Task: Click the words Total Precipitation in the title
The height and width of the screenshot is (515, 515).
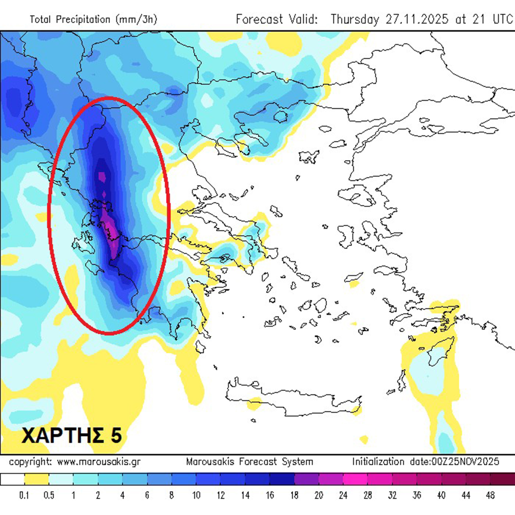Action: [70, 19]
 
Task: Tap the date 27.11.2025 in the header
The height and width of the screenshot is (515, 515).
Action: [417, 19]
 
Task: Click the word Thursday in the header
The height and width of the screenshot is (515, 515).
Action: [355, 19]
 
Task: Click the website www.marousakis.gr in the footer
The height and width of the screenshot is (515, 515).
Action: [99, 462]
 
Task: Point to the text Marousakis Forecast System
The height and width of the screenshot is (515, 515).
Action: [249, 462]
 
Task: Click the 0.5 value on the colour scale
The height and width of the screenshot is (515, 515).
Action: [49, 495]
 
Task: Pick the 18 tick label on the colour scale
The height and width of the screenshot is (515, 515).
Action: [294, 495]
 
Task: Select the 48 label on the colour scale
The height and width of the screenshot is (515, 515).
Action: [490, 495]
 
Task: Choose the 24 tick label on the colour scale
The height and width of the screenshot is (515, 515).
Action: [343, 495]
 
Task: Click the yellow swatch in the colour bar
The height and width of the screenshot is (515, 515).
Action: [37, 479]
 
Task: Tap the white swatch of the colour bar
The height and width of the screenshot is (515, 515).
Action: [12, 479]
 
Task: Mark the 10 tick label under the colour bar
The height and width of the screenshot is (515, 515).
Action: [196, 495]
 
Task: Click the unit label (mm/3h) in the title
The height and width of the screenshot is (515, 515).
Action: [136, 19]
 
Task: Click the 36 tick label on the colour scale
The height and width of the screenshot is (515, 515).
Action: [417, 495]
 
